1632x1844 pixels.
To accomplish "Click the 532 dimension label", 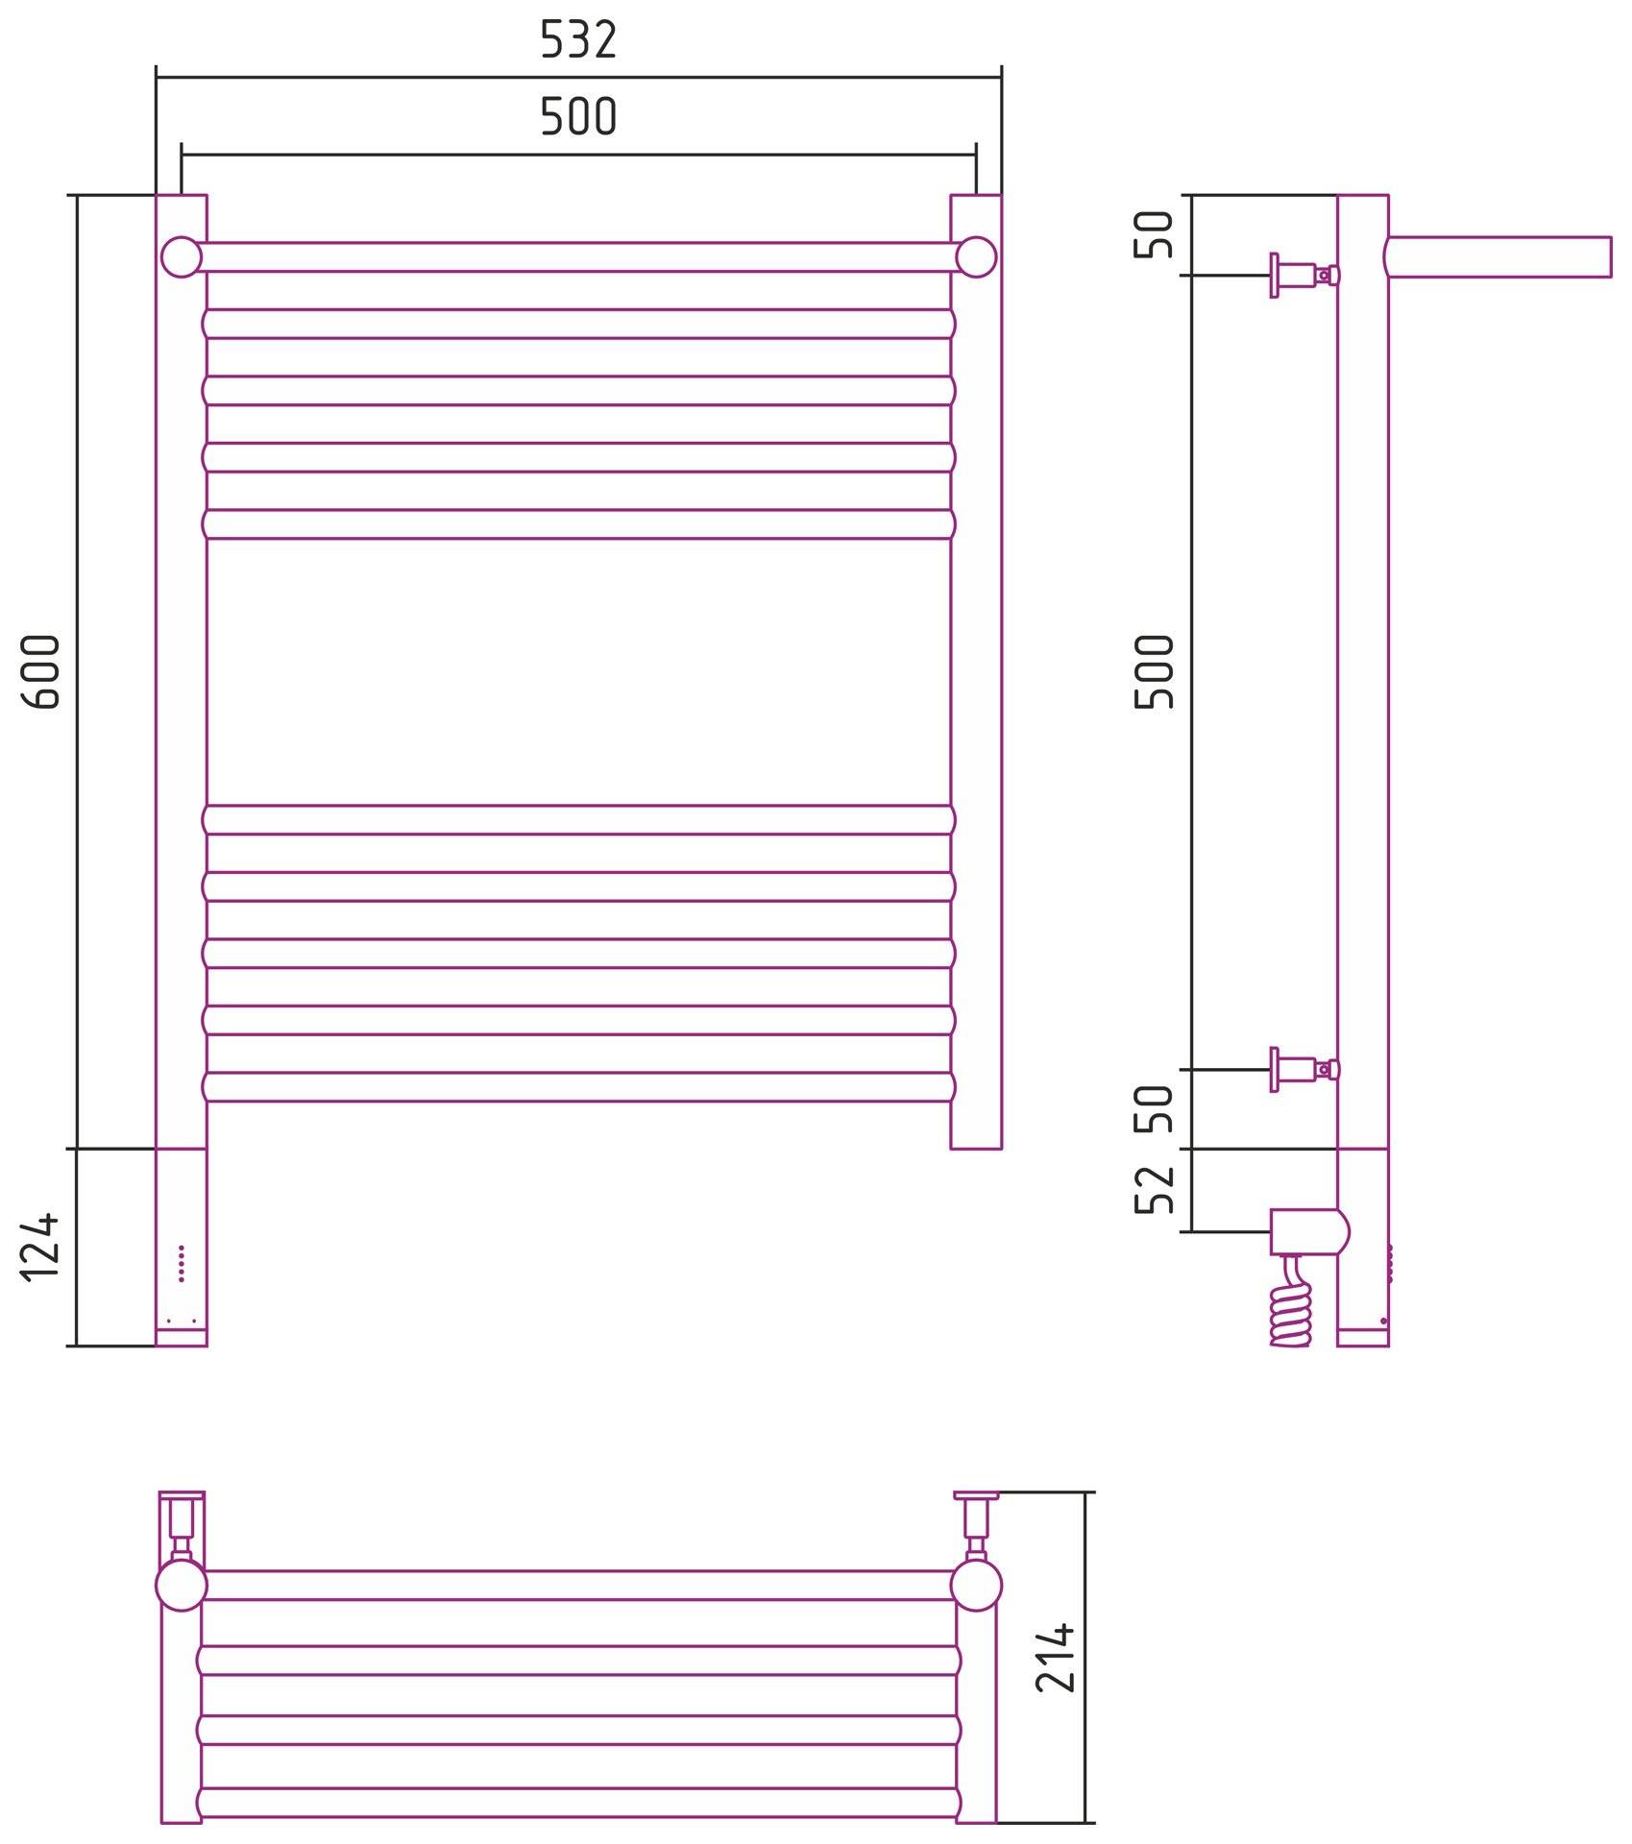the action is (578, 40).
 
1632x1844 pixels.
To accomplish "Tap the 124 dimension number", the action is (40, 1248).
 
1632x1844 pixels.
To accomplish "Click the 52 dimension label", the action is (1155, 1189).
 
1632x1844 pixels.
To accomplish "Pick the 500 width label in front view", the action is (578, 117).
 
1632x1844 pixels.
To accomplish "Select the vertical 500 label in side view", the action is (1155, 671).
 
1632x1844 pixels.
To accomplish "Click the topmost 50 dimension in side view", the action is (1155, 234).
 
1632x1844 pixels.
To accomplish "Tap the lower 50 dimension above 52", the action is (1155, 1109).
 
